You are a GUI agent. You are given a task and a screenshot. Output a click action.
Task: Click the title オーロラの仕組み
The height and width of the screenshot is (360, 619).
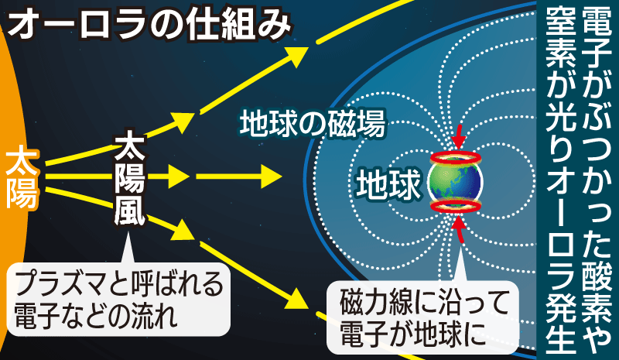149,25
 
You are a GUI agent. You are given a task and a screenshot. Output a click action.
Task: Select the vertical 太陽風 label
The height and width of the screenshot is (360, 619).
129,178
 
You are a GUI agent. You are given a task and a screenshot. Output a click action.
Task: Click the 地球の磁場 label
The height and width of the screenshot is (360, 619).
312,123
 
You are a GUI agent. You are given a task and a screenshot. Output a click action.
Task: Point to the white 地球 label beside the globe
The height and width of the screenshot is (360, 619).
388,183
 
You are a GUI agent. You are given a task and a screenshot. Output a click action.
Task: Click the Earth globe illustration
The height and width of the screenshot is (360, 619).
456,182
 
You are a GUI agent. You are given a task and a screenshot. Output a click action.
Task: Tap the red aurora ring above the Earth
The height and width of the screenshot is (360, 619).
456,158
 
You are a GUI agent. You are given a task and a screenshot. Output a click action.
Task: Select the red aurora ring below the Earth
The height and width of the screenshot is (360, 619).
456,207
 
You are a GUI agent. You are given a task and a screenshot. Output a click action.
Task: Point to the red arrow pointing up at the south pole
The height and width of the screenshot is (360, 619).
459,228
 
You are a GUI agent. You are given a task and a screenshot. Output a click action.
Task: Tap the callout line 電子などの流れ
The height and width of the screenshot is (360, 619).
94,315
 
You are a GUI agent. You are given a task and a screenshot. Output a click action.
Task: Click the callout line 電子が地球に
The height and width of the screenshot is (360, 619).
413,334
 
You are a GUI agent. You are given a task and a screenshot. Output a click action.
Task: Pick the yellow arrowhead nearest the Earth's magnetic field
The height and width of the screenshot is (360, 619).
269,176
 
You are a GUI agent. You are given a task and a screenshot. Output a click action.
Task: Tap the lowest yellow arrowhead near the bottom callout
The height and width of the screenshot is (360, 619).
297,300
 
